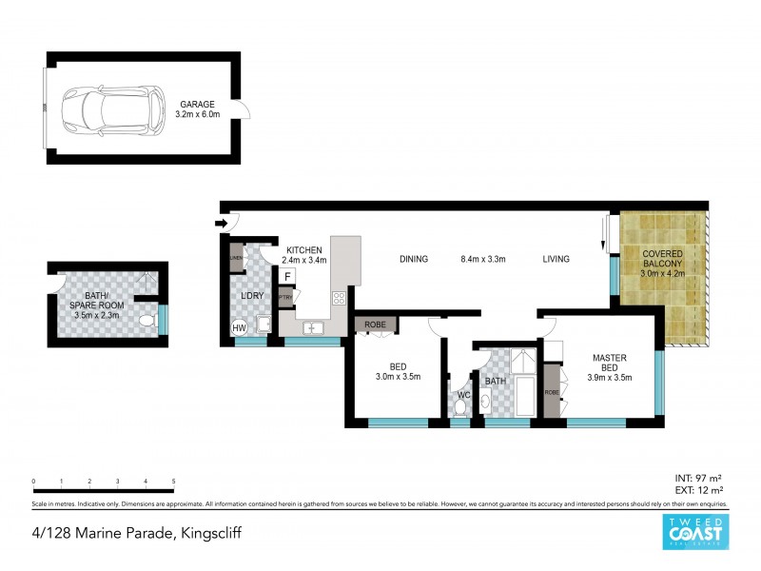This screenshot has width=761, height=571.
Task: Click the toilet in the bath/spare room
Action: [x=145, y=322]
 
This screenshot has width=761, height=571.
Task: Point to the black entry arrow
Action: [x=223, y=224]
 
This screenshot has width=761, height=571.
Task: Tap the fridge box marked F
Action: [x=286, y=277]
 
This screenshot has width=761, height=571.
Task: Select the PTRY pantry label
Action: [x=284, y=296]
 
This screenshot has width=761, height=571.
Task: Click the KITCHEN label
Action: [x=305, y=250]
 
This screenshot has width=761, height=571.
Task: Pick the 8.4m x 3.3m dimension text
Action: [x=484, y=258]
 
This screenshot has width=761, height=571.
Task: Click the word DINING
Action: [x=414, y=258]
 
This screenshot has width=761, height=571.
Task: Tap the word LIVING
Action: [x=556, y=258]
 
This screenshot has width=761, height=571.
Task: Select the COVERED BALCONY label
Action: [x=663, y=260]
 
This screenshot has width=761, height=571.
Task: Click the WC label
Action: [x=465, y=394]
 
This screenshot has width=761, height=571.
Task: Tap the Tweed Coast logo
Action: [x=696, y=533]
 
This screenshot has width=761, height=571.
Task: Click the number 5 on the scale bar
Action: [x=173, y=482]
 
